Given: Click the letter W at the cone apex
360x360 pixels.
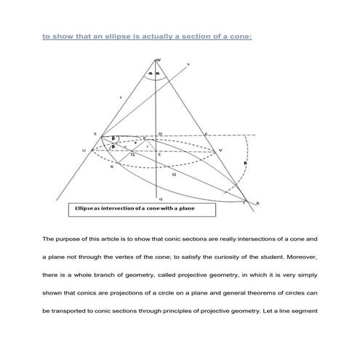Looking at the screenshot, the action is [x=159, y=60].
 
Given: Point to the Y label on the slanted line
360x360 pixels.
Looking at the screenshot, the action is [x=189, y=65].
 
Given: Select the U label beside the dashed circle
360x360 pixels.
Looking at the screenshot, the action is [x=84, y=151].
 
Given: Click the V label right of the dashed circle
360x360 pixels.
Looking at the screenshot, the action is [x=220, y=151].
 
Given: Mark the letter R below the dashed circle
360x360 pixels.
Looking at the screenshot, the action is [x=111, y=167].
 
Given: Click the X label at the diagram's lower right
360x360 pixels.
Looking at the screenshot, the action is [x=258, y=203].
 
